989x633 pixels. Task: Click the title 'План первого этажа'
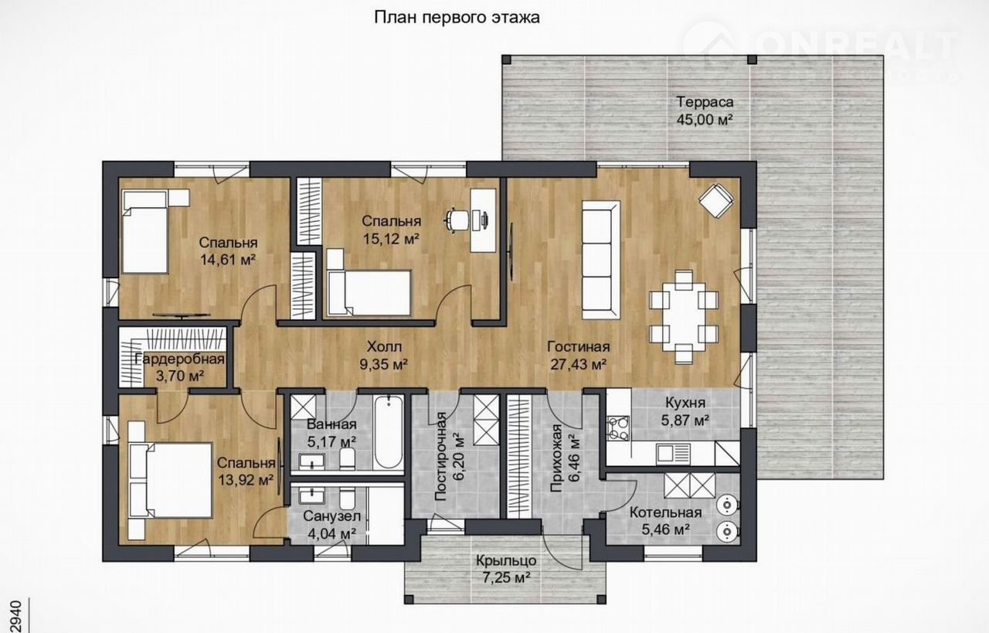457,18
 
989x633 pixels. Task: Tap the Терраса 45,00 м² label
705,111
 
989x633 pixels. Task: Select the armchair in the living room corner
716,200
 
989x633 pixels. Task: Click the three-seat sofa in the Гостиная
601,260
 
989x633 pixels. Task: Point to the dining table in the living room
684,317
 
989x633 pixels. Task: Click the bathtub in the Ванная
388,433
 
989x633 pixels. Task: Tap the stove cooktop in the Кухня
618,429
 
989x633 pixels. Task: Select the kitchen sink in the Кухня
673,454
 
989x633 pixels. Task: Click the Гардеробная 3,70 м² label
180,367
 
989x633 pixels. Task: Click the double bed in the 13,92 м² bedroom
170,480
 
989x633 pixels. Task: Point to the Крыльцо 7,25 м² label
506,569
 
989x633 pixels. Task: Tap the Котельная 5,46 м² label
665,521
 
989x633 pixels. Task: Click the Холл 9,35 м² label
384,356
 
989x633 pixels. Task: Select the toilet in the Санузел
347,498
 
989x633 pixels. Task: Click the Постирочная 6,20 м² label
450,457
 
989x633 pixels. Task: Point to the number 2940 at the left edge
15,616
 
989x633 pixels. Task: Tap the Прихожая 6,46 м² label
566,458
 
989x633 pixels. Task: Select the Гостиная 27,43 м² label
579,356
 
